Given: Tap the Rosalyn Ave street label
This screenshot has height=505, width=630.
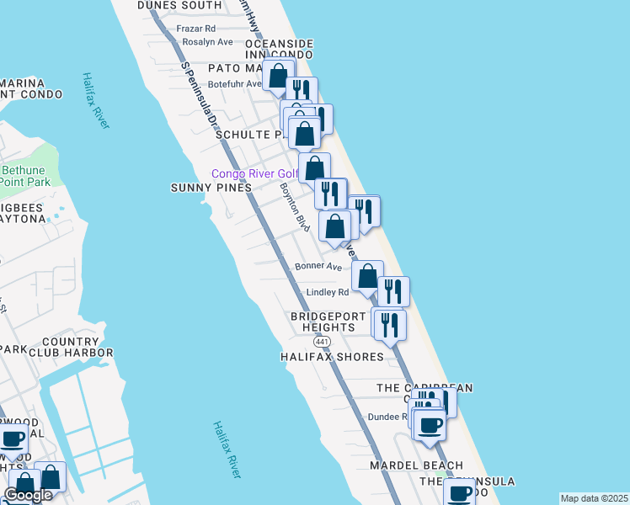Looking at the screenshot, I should [x=207, y=41].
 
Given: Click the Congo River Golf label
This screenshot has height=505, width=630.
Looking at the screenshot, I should [x=254, y=174].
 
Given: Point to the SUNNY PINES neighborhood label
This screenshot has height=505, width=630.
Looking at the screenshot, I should [x=211, y=188].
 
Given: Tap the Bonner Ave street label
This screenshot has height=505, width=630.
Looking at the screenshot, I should [x=318, y=267].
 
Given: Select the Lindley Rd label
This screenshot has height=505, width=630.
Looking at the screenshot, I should [x=327, y=293].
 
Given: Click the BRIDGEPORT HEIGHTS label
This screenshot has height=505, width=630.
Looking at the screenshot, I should [x=323, y=322].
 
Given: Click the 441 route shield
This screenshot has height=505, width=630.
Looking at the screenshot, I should [x=322, y=342].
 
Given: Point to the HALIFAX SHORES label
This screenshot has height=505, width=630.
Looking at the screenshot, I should [x=332, y=357].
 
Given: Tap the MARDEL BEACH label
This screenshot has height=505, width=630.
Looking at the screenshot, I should [x=417, y=465].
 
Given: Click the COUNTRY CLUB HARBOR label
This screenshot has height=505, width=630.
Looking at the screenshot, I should [x=77, y=347].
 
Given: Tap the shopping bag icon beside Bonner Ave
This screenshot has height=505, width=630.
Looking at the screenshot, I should [x=367, y=275].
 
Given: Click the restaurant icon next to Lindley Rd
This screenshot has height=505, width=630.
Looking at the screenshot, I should [x=393, y=291].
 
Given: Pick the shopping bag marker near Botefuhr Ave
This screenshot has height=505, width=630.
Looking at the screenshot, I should [x=278, y=75].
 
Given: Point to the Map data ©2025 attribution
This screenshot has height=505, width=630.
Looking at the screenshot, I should [x=594, y=498].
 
